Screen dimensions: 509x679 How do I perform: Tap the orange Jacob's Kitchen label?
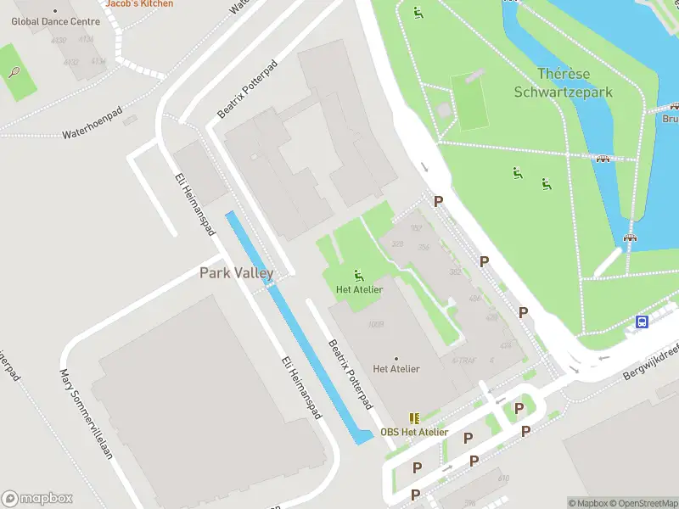point(139,3)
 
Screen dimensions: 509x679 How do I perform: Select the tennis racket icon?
point(15,72)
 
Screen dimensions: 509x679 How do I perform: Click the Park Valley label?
point(237,272)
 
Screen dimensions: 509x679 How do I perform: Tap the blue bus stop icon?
point(643,322)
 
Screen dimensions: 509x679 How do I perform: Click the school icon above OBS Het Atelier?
point(414,418)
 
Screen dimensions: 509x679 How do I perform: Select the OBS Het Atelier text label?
point(414,432)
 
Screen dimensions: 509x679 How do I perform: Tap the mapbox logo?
point(37,499)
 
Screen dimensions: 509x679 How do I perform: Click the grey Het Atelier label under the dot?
point(396,368)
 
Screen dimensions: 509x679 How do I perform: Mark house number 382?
point(454,271)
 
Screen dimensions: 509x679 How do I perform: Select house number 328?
point(397,244)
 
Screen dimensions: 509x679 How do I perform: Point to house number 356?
point(424,247)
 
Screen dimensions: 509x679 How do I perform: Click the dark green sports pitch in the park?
point(469,102)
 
